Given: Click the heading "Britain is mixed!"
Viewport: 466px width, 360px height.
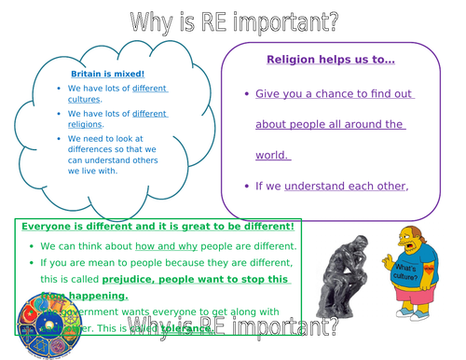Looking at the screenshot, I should (108, 73).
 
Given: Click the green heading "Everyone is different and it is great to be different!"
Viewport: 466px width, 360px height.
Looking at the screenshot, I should (158, 227).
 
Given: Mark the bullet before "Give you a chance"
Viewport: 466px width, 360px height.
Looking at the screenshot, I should (245, 94).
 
